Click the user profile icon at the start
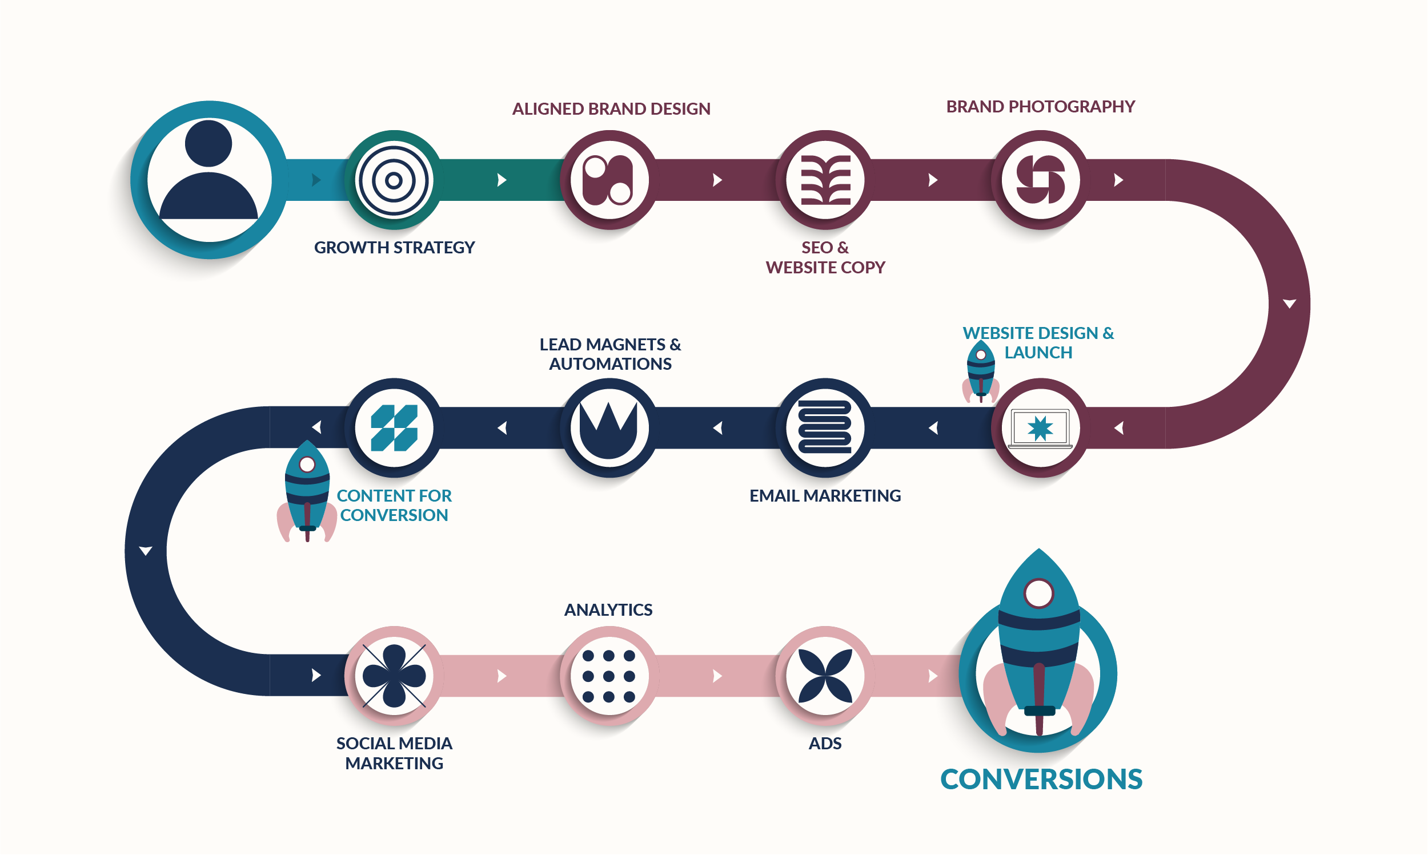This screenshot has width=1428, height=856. (208, 180)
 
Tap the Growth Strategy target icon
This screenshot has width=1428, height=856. (394, 180)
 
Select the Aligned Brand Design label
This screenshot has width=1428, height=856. (611, 109)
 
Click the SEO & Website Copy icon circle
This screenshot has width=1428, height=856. (825, 180)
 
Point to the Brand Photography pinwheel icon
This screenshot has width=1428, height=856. (1041, 179)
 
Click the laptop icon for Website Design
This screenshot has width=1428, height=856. (1040, 429)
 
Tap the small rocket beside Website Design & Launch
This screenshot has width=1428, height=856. (981, 372)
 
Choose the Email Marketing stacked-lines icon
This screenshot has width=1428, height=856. (825, 427)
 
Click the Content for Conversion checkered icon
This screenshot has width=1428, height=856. (394, 428)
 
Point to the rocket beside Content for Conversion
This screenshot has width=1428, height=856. (307, 491)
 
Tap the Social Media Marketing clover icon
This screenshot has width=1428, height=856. (394, 676)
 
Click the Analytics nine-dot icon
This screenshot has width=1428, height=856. (609, 676)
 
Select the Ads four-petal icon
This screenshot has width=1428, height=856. (825, 676)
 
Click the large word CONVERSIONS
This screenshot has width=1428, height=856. (1041, 780)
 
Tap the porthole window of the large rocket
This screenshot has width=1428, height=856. (1039, 593)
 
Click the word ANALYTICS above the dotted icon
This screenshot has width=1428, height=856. (608, 610)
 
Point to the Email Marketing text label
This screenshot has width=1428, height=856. (825, 496)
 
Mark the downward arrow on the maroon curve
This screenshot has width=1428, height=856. (1289, 304)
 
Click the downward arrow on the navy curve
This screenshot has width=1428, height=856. (146, 551)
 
